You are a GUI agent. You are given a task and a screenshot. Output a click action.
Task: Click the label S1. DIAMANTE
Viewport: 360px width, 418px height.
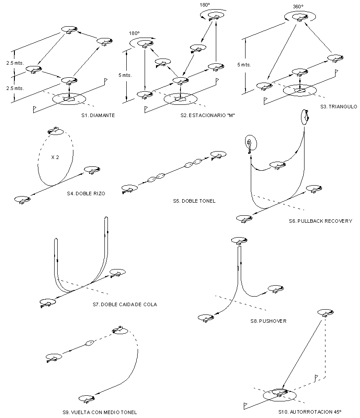98,116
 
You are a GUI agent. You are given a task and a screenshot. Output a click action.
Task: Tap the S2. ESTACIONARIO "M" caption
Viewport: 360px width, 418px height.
204,116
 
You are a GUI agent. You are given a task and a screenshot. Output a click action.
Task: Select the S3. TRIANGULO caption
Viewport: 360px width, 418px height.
338,107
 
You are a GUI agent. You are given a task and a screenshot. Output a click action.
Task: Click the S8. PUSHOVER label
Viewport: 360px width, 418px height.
268,321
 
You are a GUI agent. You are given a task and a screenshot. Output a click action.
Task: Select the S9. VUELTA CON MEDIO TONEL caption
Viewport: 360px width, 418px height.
100,412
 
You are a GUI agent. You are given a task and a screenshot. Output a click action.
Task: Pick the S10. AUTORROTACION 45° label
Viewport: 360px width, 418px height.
310,412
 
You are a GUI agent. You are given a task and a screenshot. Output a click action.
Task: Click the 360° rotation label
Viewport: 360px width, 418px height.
298,7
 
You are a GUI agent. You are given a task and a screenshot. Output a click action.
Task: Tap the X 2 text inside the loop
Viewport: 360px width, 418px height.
55,158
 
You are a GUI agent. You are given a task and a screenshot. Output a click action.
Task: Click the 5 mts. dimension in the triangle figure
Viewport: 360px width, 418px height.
244,65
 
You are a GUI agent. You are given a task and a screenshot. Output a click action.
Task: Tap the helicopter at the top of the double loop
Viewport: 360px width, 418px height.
55,130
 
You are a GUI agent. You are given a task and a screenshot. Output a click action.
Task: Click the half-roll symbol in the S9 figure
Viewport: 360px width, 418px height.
90,343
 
